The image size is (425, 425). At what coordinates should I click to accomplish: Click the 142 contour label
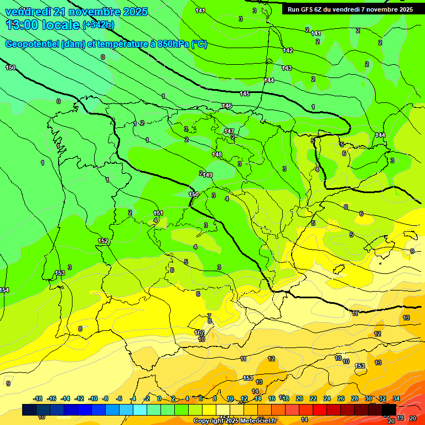click(x=288, y=50)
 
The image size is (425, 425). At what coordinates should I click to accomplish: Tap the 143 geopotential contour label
click(x=287, y=68)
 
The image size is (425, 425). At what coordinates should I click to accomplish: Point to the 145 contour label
click(x=245, y=94)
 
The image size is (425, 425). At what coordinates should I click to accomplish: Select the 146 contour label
click(x=227, y=106)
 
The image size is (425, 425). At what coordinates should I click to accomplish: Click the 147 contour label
click(x=229, y=131)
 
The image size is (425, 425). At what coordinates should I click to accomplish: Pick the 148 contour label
click(x=217, y=154)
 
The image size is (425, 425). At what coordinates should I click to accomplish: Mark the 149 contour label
click(x=208, y=175)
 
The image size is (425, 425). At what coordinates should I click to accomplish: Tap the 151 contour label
click(x=158, y=213)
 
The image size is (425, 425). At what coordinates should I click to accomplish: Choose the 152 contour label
click(x=103, y=241)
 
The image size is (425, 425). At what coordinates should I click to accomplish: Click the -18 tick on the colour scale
click(x=38, y=398)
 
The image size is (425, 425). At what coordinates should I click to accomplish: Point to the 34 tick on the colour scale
click(x=396, y=398)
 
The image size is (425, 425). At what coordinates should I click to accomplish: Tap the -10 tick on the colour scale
click(x=93, y=398)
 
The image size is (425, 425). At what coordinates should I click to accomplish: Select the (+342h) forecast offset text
click(x=98, y=25)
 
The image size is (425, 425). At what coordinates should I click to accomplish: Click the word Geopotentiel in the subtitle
click(x=33, y=44)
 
